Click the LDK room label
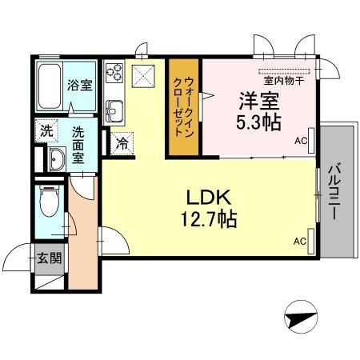(208, 198)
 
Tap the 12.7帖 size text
(209, 219)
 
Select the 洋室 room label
(259, 101)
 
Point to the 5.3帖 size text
(258, 122)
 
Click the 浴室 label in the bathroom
(79, 85)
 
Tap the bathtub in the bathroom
(50, 86)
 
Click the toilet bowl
(49, 202)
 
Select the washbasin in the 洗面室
(57, 159)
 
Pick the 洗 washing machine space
(46, 130)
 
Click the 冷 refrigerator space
(122, 143)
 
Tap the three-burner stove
(114, 71)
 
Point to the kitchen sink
(114, 111)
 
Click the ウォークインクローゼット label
(184, 106)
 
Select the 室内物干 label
(284, 81)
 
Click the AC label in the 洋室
(301, 141)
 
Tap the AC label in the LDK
(300, 242)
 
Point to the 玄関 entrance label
(49, 258)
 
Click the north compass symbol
(301, 317)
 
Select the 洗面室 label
(78, 145)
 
